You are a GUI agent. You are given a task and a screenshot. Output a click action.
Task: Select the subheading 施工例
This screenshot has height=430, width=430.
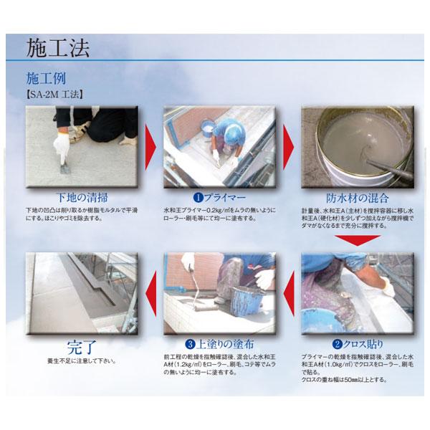[x=45, y=77]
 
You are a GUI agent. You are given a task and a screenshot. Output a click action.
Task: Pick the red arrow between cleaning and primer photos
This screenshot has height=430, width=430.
[x=149, y=145]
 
